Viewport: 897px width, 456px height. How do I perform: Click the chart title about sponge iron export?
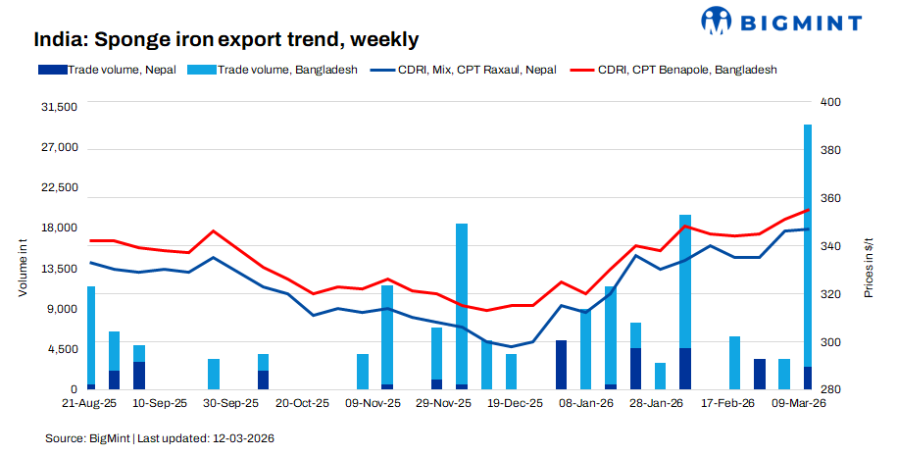(x=226, y=40)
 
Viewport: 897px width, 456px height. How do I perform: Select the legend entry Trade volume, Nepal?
(x=122, y=70)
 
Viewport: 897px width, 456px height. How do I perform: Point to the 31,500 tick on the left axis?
(x=60, y=107)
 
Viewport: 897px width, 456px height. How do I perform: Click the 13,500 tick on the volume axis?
(x=60, y=269)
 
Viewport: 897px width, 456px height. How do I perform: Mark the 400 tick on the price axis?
(x=829, y=102)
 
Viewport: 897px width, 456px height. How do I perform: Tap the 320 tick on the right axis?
(x=829, y=294)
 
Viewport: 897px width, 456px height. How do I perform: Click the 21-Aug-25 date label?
(x=89, y=403)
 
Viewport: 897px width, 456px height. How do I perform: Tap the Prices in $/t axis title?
(x=870, y=268)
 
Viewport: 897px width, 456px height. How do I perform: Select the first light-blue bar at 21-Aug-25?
(x=91, y=335)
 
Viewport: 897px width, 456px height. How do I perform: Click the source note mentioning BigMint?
(x=160, y=437)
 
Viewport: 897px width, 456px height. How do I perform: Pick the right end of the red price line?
(x=808, y=210)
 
